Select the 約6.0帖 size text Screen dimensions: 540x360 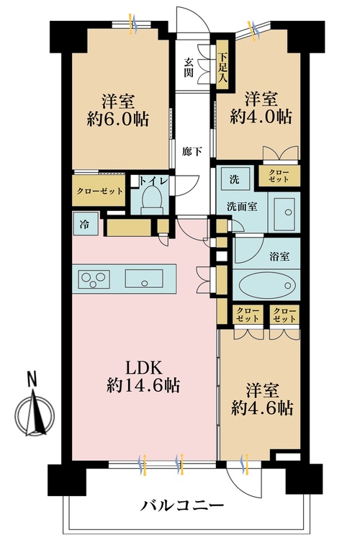(120, 120)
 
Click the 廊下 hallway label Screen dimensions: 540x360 (192, 152)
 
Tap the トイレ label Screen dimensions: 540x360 (153, 181)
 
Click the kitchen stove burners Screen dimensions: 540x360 (93, 276)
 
